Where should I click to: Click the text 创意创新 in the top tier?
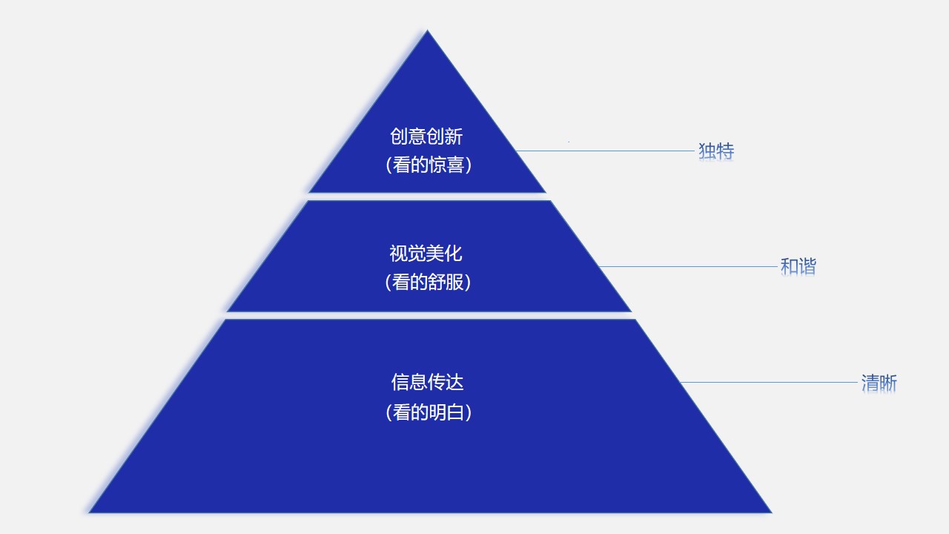426,136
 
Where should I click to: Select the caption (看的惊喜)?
429,165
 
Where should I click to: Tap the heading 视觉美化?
426,254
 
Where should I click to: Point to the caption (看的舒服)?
428,283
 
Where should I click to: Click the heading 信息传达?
428,382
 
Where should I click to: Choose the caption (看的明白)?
429,412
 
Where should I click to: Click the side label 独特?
716,151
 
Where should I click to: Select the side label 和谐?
798,266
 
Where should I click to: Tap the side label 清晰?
879,383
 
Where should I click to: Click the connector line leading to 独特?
605,151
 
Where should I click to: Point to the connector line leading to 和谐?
688,266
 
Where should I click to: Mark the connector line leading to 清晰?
769,382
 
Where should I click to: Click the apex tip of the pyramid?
427,30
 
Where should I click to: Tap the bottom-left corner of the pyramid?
89,512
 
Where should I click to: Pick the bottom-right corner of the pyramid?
772,512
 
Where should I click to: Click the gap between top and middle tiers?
428,197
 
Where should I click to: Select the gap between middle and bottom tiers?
429,316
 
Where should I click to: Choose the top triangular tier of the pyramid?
427,127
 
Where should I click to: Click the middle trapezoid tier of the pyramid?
429,256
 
